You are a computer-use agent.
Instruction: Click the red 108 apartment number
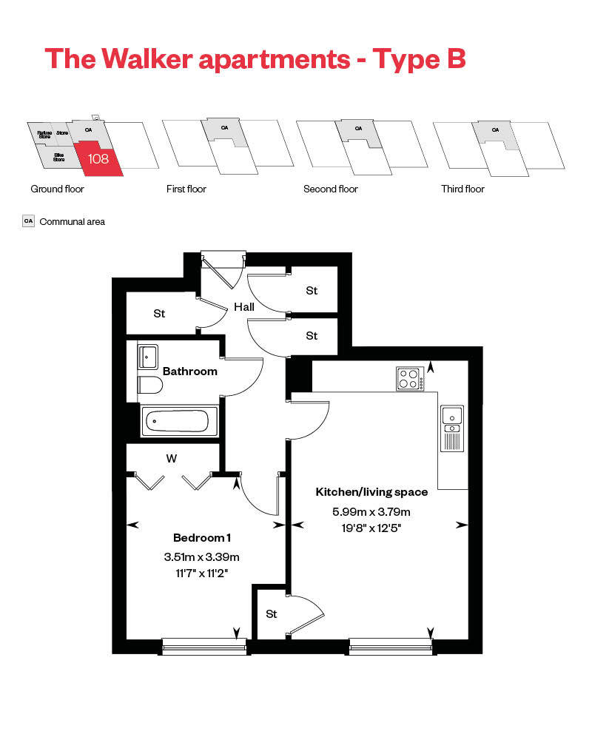98,158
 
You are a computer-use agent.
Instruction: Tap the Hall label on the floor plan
244,306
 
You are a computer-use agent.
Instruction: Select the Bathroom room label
190,371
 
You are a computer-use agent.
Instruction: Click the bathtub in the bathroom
179,421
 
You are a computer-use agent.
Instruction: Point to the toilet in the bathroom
149,385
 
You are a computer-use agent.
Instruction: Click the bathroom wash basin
147,356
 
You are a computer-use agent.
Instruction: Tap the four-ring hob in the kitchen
409,378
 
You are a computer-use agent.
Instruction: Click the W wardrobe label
172,459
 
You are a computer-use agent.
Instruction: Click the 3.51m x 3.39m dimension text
201,557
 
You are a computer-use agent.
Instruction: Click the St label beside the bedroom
272,613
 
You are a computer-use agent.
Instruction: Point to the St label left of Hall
159,314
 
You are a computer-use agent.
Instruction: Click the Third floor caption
462,189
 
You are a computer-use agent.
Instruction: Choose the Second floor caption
330,189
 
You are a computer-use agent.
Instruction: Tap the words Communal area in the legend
72,221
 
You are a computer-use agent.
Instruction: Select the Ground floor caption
57,189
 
